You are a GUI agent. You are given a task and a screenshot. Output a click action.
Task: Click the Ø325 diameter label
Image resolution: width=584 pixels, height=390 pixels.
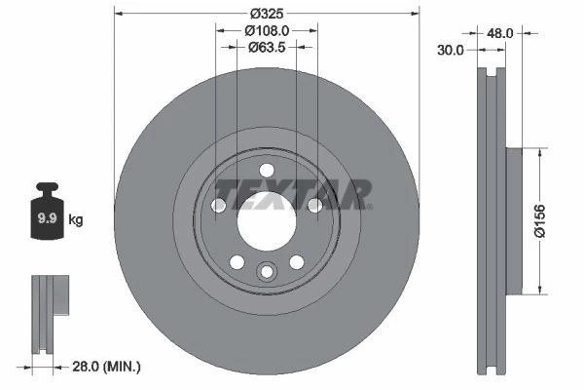tap(267, 14)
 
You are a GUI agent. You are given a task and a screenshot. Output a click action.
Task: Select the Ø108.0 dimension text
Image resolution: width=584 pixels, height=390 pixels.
tap(267, 30)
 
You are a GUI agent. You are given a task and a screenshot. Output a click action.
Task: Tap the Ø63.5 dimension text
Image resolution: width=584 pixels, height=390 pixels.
tap(267, 48)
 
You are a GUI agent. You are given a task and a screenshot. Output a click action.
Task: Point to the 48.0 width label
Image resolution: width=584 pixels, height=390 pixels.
tap(500, 33)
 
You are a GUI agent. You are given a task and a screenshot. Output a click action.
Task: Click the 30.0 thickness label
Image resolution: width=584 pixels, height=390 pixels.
tap(451, 50)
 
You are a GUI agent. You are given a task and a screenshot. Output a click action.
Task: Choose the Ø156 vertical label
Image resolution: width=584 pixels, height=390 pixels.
tap(539, 221)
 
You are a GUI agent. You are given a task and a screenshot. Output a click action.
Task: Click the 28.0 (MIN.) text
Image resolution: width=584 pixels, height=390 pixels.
tap(106, 367)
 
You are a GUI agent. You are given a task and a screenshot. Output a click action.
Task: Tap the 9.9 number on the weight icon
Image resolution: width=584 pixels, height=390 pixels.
tap(48, 218)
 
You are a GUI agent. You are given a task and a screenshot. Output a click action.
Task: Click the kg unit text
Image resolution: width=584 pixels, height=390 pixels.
tap(76, 219)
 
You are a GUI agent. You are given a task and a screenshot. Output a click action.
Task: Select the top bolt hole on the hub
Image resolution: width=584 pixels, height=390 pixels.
tap(267, 171)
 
